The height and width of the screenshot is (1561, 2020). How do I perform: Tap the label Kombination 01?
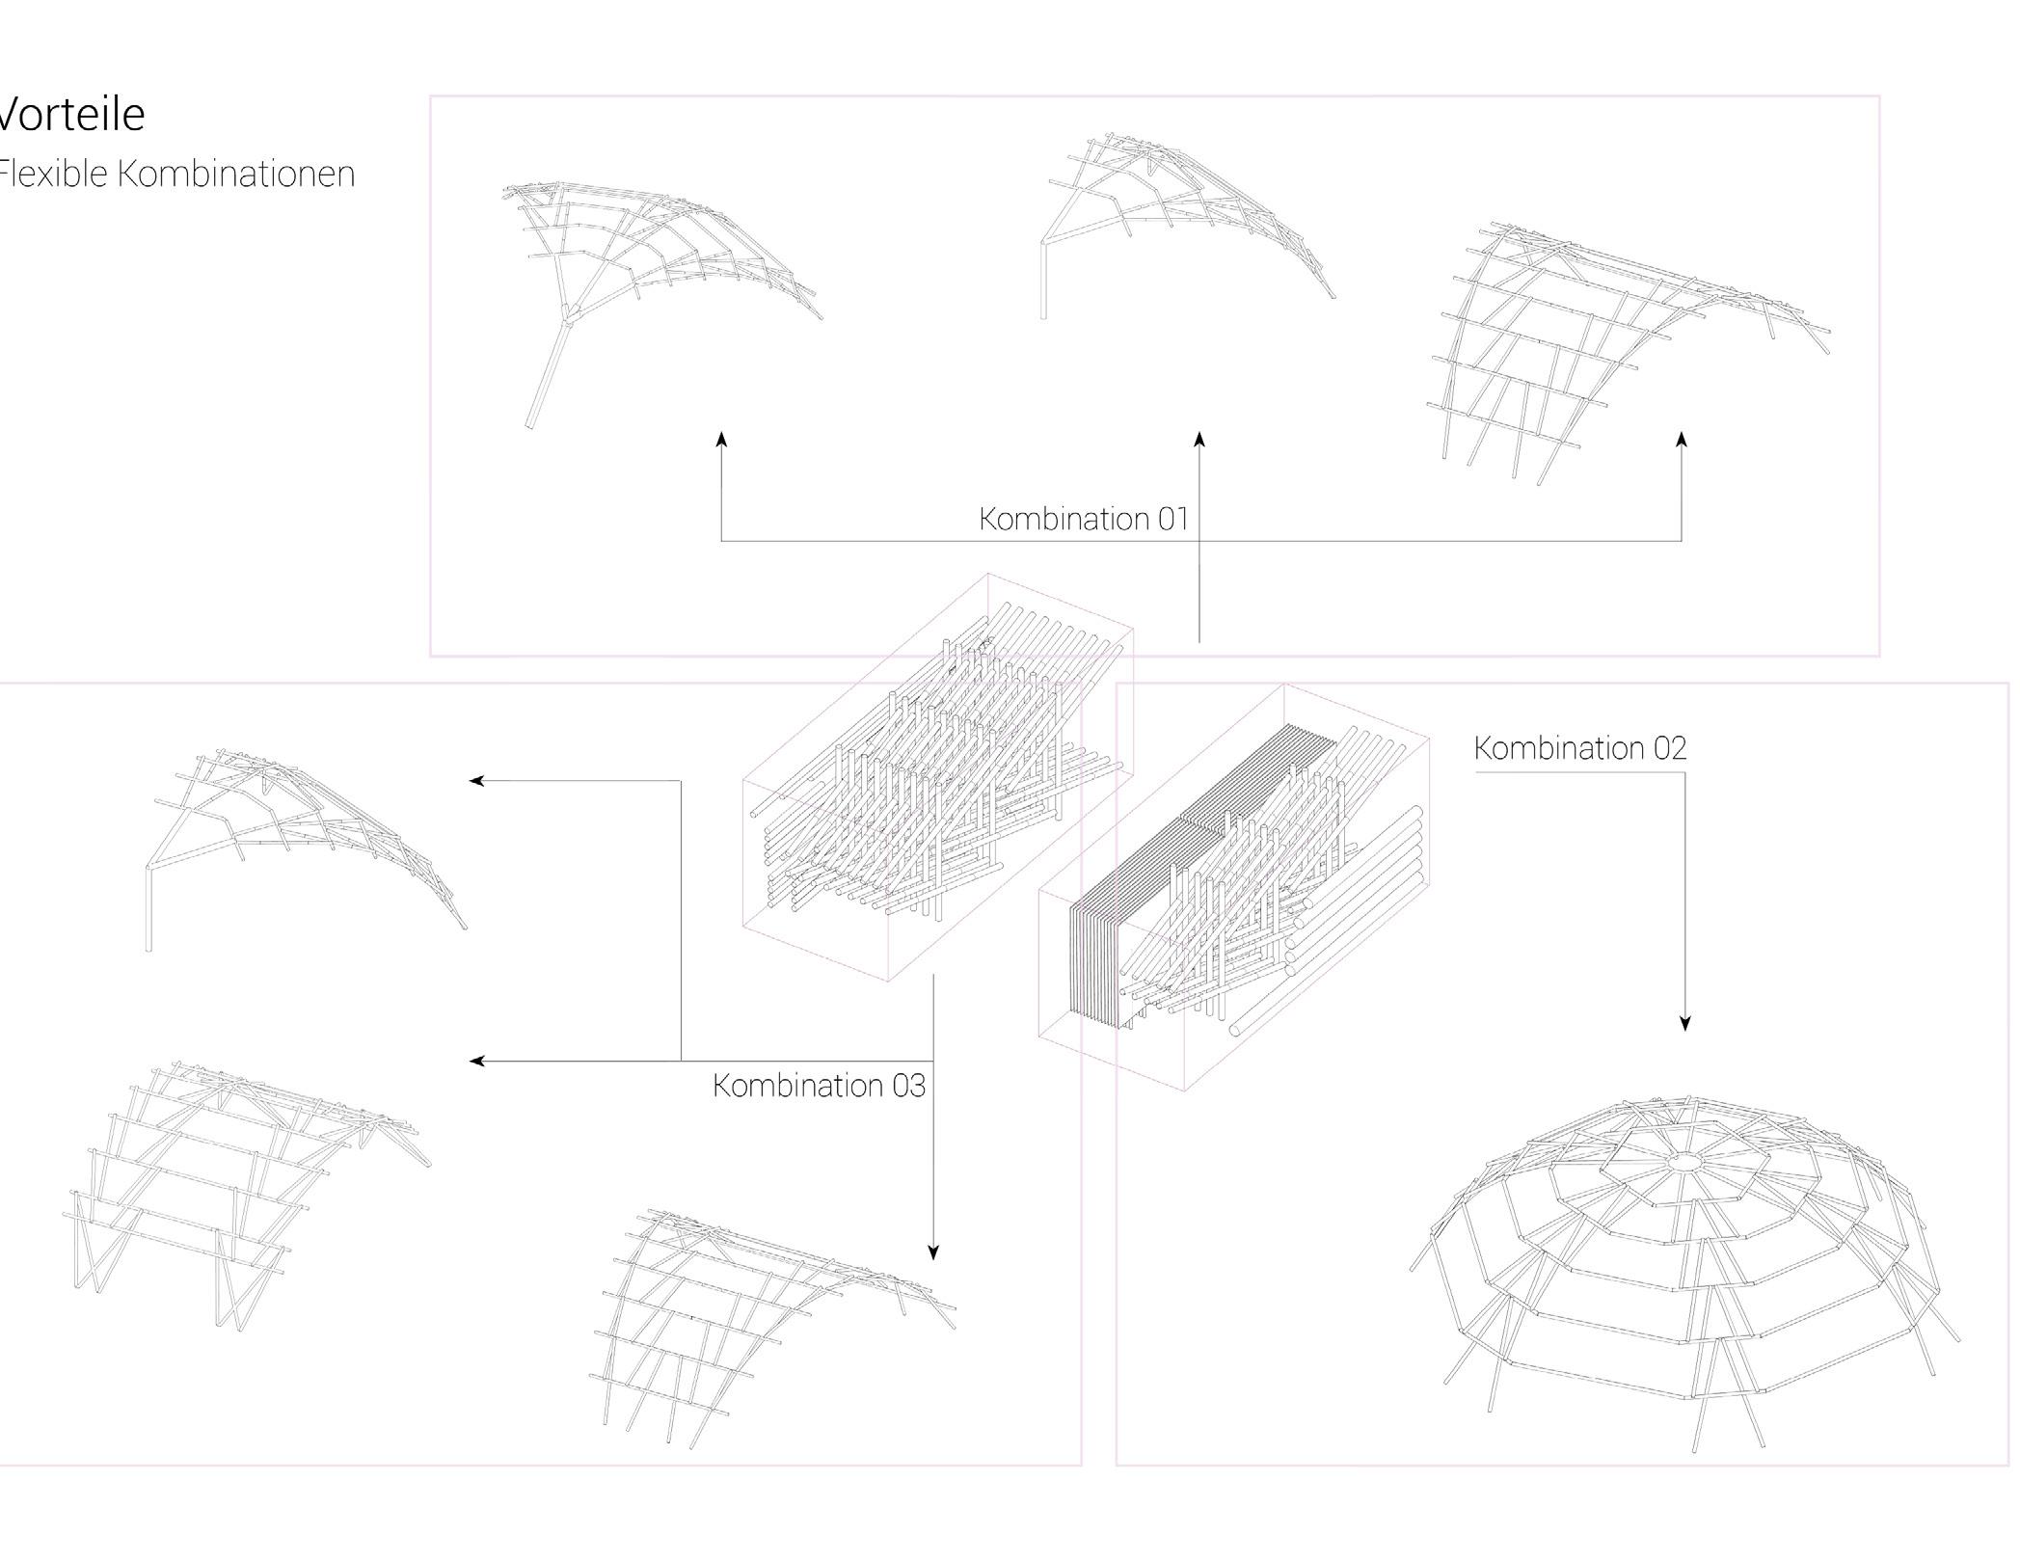1083,519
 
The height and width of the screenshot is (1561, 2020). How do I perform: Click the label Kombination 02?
1579,748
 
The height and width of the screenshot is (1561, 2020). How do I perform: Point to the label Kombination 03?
819,1086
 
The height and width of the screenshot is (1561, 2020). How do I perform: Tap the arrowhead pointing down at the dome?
1684,1023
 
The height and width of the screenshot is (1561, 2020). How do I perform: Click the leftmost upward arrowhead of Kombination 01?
721,441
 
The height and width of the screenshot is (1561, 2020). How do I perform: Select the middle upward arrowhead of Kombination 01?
1199,441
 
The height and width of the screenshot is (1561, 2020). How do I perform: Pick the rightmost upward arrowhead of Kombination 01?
1682,441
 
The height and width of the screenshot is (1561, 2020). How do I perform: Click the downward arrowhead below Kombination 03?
932,1252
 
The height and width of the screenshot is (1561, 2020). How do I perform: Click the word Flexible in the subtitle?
53,175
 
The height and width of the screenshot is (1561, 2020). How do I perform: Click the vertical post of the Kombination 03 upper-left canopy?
148,911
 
